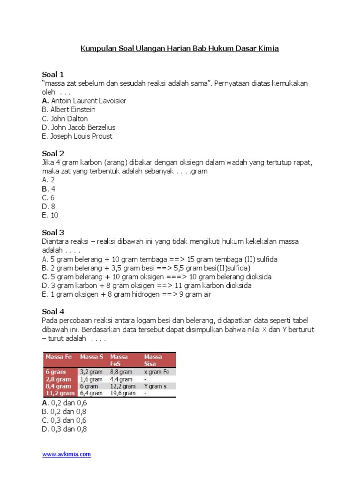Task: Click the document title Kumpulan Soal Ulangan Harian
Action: point(180,48)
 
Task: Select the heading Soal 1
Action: point(53,75)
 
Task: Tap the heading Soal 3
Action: point(53,232)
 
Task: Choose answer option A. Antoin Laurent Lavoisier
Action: point(84,101)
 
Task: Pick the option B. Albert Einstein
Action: point(68,110)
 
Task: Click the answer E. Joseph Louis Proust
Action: point(77,136)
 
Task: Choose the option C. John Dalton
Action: point(65,119)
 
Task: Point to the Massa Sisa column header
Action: point(153,360)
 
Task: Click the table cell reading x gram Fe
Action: point(156,372)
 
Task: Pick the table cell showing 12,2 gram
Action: point(123,386)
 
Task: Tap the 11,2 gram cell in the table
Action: point(60,393)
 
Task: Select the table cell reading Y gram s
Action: point(156,386)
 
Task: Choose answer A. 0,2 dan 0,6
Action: point(64,403)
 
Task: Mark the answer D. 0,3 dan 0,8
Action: point(64,429)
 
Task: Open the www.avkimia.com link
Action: point(67,454)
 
